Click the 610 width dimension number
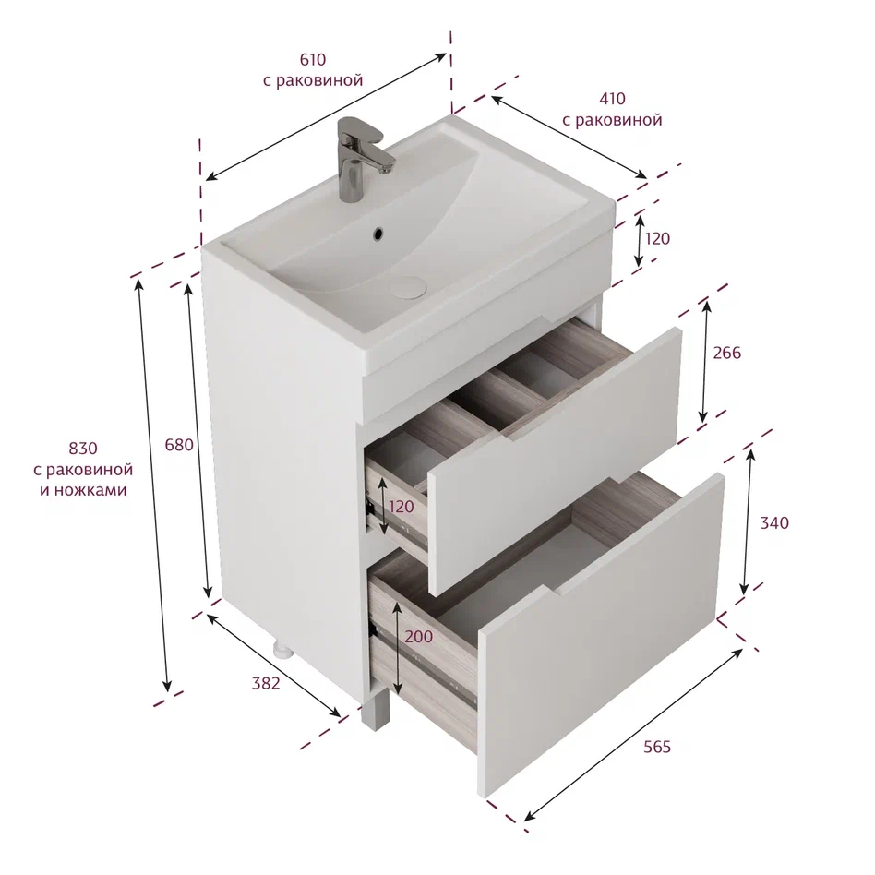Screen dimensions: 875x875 [313, 59]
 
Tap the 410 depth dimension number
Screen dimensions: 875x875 [612, 98]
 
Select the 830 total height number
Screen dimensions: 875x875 [82, 448]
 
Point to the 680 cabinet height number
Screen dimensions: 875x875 [179, 445]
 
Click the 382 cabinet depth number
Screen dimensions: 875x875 [266, 683]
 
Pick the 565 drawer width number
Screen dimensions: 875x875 [657, 747]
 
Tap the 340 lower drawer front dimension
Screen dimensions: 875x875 [774, 523]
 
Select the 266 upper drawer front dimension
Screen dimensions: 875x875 [727, 353]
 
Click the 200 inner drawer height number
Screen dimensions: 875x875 [418, 636]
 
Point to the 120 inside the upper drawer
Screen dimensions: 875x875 [402, 507]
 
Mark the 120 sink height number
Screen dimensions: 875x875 [657, 238]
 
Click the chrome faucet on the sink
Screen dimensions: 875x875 [361, 158]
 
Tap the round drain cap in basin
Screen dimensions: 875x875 [408, 286]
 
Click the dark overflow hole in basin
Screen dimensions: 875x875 [378, 234]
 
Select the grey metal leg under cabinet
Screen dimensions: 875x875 [374, 709]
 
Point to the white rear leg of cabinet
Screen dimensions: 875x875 [283, 650]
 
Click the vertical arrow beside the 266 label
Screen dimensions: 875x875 [705, 362]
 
